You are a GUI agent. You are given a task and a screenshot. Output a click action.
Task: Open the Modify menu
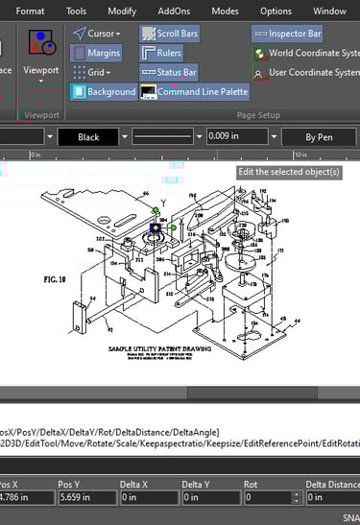(122, 11)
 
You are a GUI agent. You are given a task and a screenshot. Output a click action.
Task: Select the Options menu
(276, 11)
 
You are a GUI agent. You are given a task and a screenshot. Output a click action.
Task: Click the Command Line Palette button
(194, 92)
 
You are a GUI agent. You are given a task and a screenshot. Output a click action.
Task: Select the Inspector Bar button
(287, 34)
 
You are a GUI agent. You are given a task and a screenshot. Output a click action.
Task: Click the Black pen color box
(88, 137)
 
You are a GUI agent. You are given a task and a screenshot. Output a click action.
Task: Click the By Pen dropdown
(318, 137)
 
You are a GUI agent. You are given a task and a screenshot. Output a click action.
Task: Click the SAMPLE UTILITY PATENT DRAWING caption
(159, 348)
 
